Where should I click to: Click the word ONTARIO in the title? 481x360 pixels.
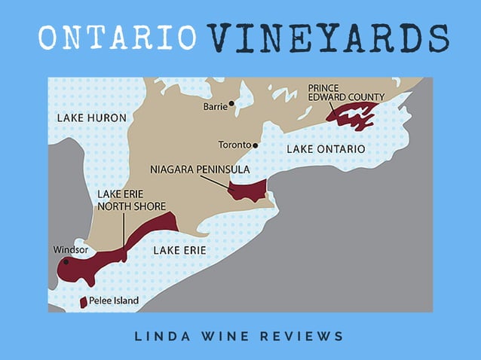117,38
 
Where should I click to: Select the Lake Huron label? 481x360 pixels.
91,118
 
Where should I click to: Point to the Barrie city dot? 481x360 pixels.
231,103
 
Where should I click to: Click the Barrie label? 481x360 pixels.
215,107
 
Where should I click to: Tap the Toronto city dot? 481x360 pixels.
256,145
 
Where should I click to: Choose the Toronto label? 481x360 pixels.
235,145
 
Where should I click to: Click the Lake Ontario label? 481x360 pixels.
326,149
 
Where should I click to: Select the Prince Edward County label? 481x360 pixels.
347,92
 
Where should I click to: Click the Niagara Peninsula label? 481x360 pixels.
200,169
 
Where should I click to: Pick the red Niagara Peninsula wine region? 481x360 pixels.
249,191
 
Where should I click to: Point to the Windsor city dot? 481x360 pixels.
66,262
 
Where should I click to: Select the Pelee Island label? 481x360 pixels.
114,301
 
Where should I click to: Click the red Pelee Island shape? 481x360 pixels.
84,302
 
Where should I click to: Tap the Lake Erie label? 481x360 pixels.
179,250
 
